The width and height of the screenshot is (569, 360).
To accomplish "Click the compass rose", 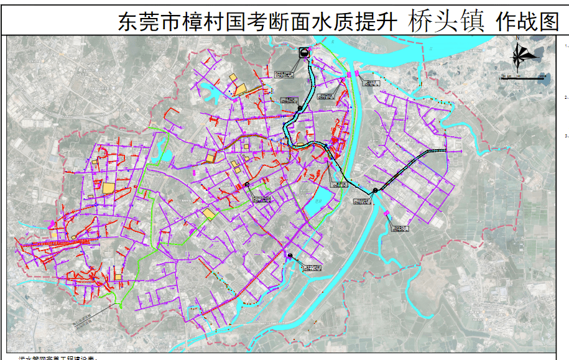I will [523, 55].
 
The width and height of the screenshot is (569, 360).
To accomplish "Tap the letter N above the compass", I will [517, 38].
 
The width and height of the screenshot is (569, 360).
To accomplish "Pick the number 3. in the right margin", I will [566, 135].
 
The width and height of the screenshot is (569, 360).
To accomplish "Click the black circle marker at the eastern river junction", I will [375, 190].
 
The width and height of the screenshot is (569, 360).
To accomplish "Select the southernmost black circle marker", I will [290, 256].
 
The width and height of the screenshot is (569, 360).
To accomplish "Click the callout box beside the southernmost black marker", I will [312, 268].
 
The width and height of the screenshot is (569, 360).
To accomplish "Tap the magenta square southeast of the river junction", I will [387, 214].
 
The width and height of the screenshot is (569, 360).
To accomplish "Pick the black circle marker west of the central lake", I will [247, 185].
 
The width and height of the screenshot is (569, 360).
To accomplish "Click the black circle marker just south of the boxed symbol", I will [299, 109].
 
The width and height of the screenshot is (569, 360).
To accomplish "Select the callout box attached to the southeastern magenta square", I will [401, 227].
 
